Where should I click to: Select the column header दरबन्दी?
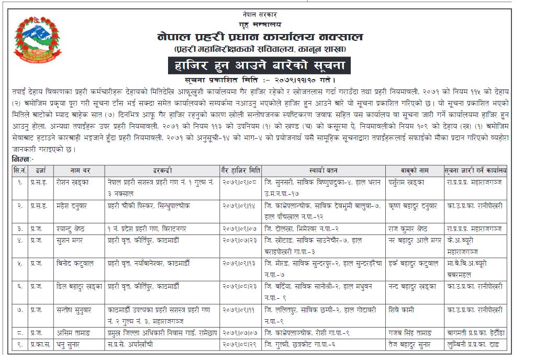coord(162,171)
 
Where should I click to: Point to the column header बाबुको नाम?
coord(415,171)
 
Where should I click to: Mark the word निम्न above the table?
coord(21,159)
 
